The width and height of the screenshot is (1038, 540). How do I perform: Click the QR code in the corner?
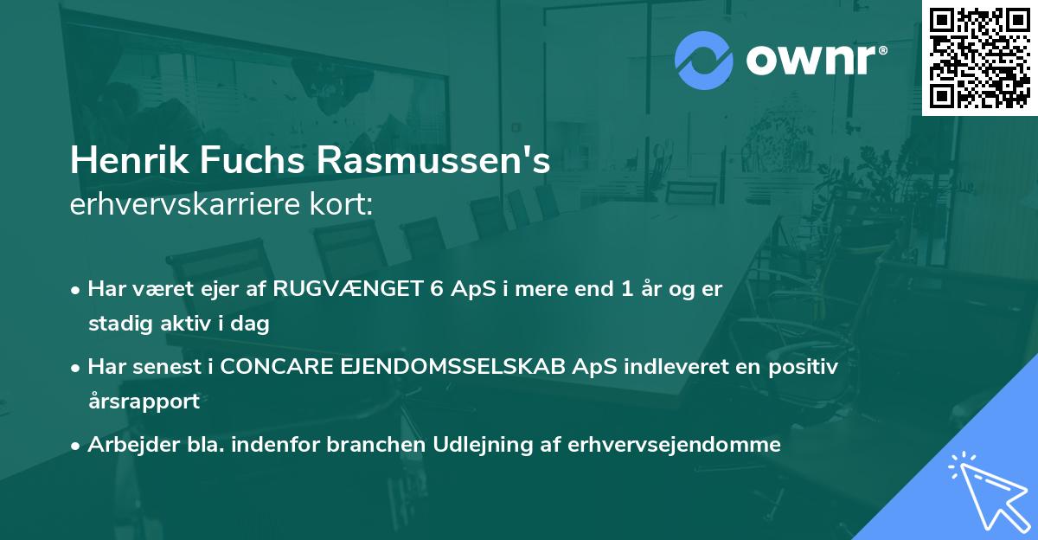(980, 57)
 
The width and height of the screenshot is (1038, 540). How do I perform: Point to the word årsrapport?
(144, 402)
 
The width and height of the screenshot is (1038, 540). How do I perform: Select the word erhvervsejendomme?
(675, 445)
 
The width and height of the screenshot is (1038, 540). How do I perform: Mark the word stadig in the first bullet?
(115, 325)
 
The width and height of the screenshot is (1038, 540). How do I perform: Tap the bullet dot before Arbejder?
(77, 446)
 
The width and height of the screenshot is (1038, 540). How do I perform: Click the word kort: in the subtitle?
(345, 205)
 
